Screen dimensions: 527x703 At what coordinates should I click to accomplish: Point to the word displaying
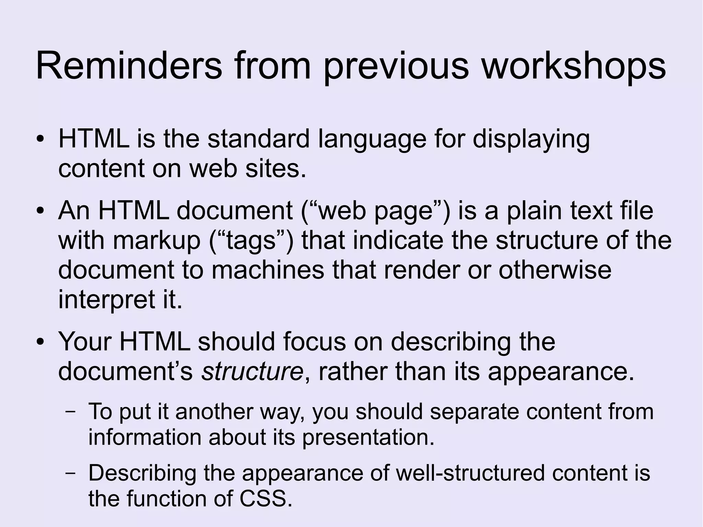[531, 139]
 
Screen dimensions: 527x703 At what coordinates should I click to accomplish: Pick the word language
[372, 139]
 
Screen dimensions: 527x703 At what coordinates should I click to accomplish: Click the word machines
[268, 270]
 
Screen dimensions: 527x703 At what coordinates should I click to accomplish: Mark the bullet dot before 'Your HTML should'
[41, 342]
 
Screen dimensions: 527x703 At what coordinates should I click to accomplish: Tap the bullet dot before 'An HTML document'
[41, 211]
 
